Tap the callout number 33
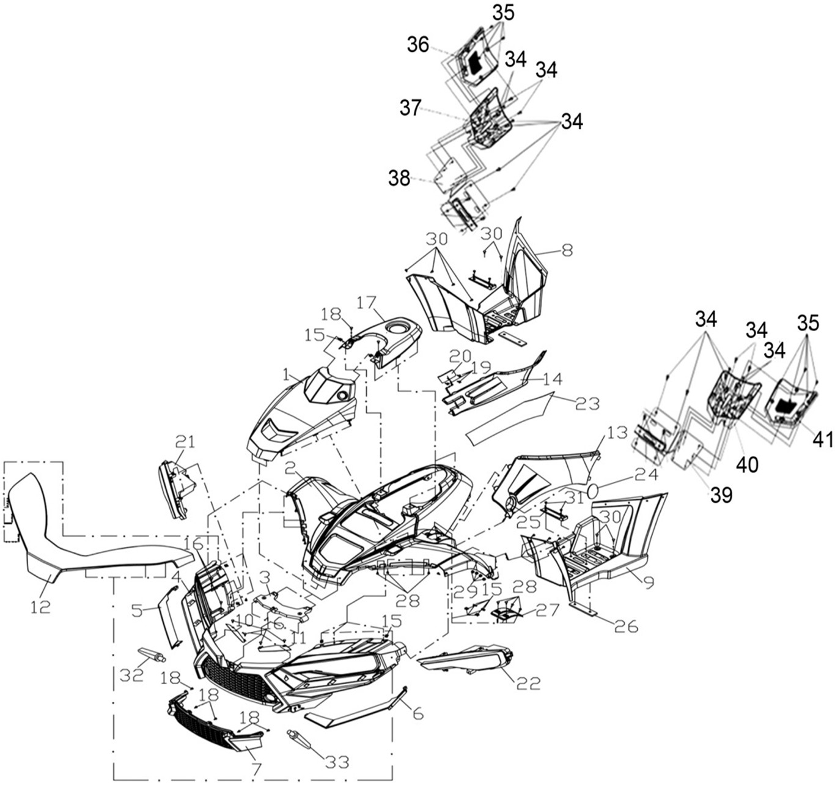pyautogui.click(x=337, y=762)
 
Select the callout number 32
pyautogui.click(x=131, y=674)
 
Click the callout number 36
pyautogui.click(x=419, y=45)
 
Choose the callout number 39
pyautogui.click(x=721, y=495)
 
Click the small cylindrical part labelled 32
pyautogui.click(x=153, y=655)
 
